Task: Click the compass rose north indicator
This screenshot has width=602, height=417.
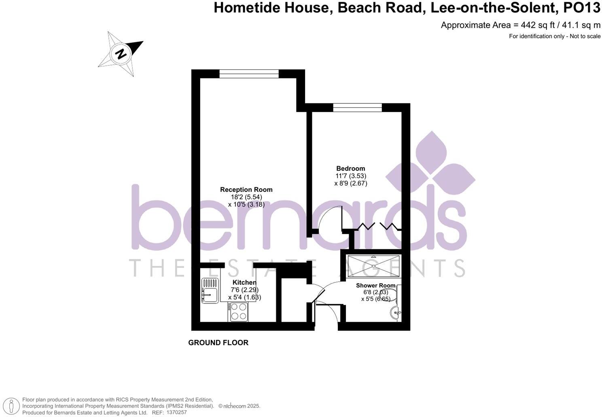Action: (x=121, y=54)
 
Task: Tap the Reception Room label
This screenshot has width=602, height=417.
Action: (x=246, y=190)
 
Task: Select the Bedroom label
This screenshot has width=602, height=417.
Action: (x=350, y=168)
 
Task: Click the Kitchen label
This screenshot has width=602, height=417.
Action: (x=244, y=282)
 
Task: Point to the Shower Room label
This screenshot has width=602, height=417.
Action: (x=375, y=285)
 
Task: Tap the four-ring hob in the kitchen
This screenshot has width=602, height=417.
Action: (x=239, y=312)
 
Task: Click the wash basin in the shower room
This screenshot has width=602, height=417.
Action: (x=396, y=312)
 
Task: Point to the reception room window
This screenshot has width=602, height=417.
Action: (x=249, y=74)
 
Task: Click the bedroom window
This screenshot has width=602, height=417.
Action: (x=357, y=107)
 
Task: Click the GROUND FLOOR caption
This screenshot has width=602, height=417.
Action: (x=218, y=343)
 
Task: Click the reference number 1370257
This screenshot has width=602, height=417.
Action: (x=176, y=413)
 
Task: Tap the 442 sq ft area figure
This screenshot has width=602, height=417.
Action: (x=528, y=25)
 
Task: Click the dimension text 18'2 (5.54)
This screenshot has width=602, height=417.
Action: (x=246, y=197)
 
